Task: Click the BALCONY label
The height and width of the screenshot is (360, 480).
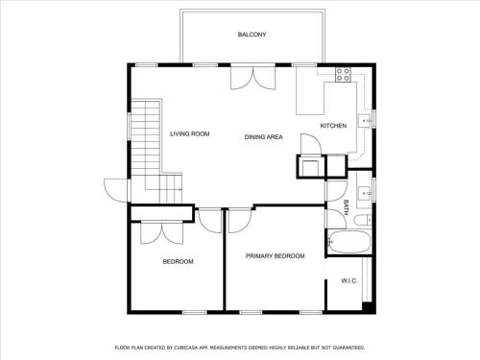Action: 252,35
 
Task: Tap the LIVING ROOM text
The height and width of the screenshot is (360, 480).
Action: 190,133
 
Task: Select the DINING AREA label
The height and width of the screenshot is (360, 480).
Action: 264,137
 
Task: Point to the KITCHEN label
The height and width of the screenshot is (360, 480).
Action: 333,126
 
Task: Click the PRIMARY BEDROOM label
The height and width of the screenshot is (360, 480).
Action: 276,256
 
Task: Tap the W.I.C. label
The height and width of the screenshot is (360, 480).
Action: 349,281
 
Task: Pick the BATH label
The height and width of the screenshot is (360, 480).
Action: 346,207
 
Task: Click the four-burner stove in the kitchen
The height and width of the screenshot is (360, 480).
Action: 343,74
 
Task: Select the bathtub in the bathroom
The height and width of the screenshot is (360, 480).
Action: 349,242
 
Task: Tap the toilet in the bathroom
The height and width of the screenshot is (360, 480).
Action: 363,220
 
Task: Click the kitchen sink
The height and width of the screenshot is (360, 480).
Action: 364,121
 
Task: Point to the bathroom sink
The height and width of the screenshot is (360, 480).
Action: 364,193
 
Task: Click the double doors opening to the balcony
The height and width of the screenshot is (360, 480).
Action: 252,77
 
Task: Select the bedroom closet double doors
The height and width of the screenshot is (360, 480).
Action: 161,232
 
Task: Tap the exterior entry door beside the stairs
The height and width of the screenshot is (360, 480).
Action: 117,190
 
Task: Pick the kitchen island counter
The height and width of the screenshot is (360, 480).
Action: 310,99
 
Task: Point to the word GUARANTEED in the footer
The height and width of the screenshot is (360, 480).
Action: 348,348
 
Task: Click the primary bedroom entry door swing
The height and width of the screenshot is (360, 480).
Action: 240,221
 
